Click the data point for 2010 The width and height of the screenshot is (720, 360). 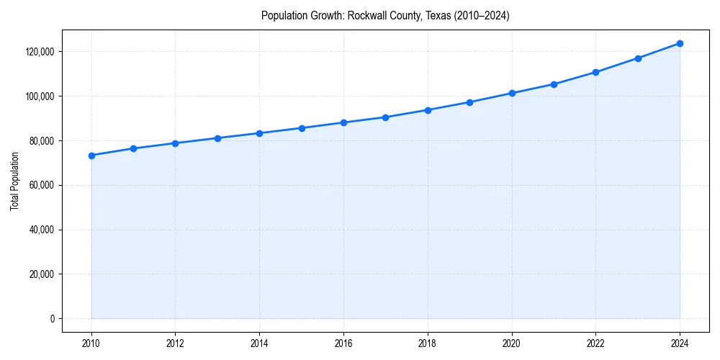[91, 156]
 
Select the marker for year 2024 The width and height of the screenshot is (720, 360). [680, 43]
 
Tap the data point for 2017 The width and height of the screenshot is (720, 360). [386, 117]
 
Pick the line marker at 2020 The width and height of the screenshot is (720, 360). [512, 93]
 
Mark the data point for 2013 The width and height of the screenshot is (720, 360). [217, 138]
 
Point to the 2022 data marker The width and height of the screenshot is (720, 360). [595, 72]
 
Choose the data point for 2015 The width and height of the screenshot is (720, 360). [302, 128]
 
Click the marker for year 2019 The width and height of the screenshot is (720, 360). [469, 102]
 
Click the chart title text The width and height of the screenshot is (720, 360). [385, 16]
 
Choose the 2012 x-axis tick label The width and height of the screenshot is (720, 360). [176, 343]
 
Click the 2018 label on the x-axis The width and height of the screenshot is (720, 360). [428, 343]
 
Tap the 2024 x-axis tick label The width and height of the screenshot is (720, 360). [680, 343]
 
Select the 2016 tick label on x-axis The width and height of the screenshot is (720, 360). [343, 343]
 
